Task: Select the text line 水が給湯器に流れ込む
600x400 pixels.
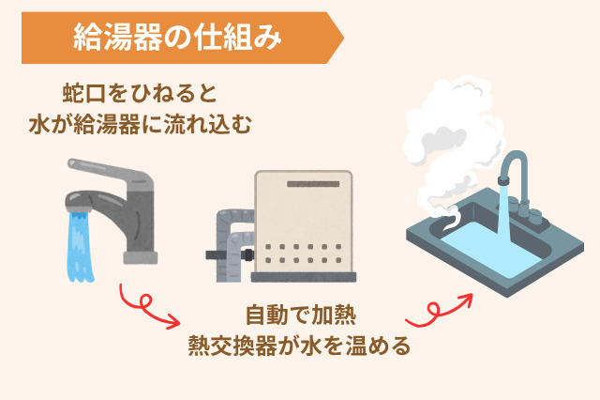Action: [x=140, y=124]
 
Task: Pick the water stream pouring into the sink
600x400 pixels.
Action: [x=502, y=221]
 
